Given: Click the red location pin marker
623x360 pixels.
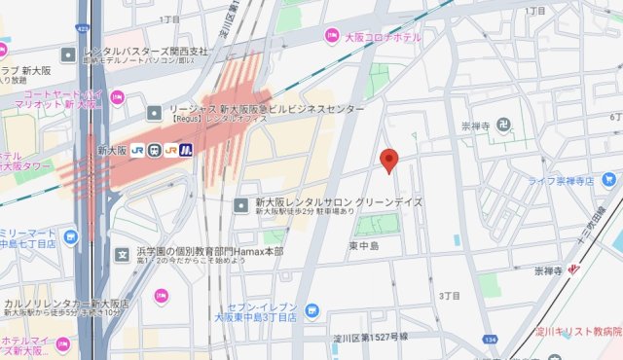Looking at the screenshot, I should (389, 161).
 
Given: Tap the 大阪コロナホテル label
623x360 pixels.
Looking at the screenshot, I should (384, 37).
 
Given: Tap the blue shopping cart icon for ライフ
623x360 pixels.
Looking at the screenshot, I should (609, 180).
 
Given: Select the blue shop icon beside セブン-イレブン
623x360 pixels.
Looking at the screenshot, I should (311, 310).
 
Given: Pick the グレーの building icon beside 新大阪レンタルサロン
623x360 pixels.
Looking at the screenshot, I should (242, 203).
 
